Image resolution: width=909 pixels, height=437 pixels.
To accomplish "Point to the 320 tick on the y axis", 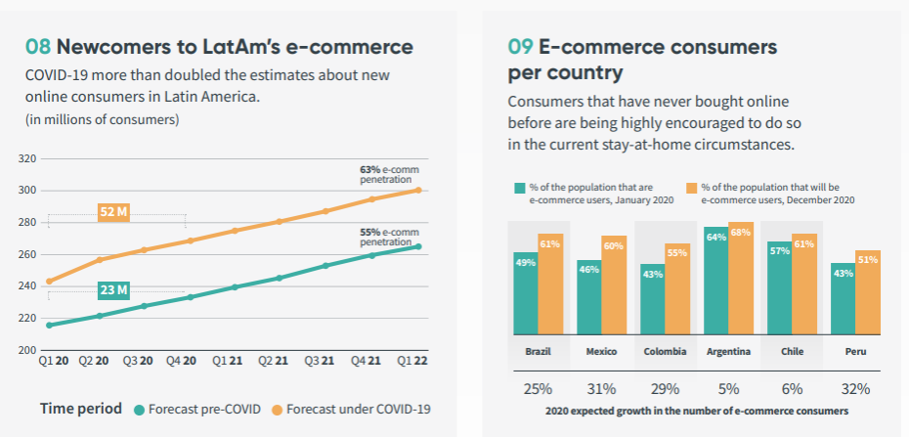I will pos(27,158).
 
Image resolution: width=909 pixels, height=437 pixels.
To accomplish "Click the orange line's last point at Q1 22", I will pos(419,189).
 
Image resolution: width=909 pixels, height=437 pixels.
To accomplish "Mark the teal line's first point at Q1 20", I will pos(49,325).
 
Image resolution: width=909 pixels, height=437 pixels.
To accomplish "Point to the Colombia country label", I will pos(664,351).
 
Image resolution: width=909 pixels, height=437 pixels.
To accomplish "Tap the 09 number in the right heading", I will pos(520,46).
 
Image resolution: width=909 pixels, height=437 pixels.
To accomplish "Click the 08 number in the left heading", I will pos(38,47).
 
